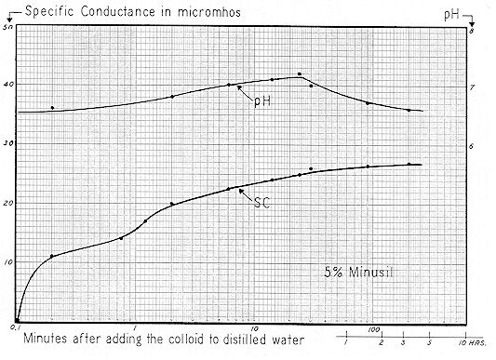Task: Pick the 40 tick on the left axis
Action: pos(9,86)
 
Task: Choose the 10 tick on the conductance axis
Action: pos(9,262)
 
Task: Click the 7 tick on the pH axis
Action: pos(472,87)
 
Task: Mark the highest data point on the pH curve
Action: pos(299,74)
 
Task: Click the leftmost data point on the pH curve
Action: pos(52,108)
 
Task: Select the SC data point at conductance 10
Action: pos(52,256)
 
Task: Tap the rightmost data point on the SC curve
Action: pos(409,165)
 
